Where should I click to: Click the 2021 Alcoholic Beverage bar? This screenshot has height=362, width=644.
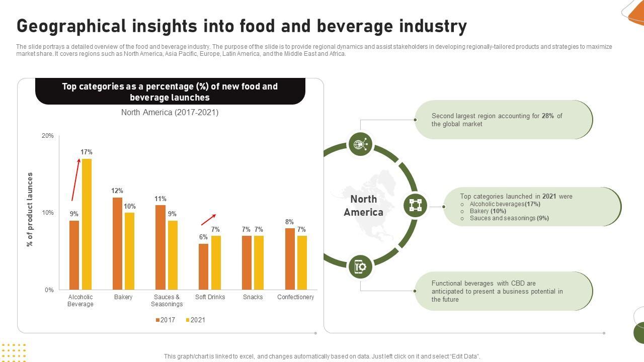[87, 224]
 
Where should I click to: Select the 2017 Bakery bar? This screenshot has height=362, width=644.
[117, 243]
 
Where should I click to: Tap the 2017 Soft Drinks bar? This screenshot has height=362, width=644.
[203, 266]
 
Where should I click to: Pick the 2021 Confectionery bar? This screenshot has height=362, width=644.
[302, 262]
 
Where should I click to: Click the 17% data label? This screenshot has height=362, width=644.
[86, 152]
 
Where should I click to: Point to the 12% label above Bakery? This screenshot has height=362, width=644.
[117, 191]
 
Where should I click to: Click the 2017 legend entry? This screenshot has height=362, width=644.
[166, 320]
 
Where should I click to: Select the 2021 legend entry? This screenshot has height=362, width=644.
[196, 320]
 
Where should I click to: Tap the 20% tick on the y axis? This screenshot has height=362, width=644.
[47, 136]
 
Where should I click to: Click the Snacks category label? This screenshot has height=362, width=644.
[253, 297]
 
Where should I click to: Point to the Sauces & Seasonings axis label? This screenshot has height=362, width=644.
[167, 300]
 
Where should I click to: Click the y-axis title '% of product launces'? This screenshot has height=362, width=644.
[30, 209]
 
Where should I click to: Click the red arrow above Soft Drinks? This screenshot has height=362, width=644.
[208, 220]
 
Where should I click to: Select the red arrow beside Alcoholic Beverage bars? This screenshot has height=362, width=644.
[75, 179]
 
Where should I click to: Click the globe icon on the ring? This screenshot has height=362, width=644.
[360, 145]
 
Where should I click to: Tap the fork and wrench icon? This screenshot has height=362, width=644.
[360, 266]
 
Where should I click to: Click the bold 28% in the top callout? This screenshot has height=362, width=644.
[548, 116]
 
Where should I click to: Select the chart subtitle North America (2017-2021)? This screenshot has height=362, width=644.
[170, 112]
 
